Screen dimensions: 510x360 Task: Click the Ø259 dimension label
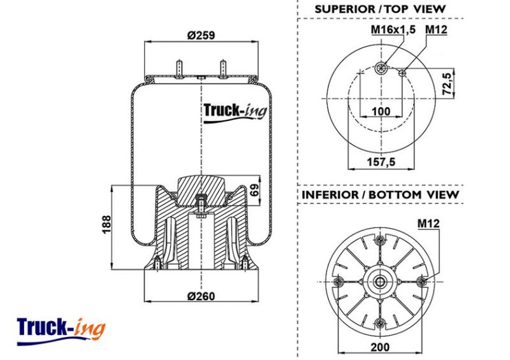(201, 35)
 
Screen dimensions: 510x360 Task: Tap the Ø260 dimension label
(201, 296)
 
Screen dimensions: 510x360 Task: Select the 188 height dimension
(106, 224)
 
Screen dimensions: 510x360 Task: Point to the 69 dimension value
(255, 190)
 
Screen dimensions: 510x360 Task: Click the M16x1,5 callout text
(393, 29)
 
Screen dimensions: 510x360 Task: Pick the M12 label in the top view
(436, 29)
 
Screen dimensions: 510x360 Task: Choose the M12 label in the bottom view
(428, 224)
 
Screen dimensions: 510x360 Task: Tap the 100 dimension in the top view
(381, 112)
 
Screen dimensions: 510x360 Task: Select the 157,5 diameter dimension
(381, 162)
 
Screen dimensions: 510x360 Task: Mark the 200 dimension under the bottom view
(380, 347)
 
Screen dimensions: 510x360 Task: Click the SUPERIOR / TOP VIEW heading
(379, 9)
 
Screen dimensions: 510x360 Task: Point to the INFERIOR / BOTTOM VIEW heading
(380, 195)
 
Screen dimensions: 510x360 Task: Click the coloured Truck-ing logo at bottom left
(61, 331)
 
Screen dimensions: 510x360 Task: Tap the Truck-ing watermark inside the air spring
(235, 113)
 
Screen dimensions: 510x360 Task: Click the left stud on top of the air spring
(179, 68)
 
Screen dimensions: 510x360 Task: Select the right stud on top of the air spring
(223, 68)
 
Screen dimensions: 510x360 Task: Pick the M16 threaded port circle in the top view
(381, 68)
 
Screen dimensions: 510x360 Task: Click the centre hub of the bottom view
(379, 281)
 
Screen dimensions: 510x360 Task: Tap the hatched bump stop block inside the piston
(201, 191)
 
